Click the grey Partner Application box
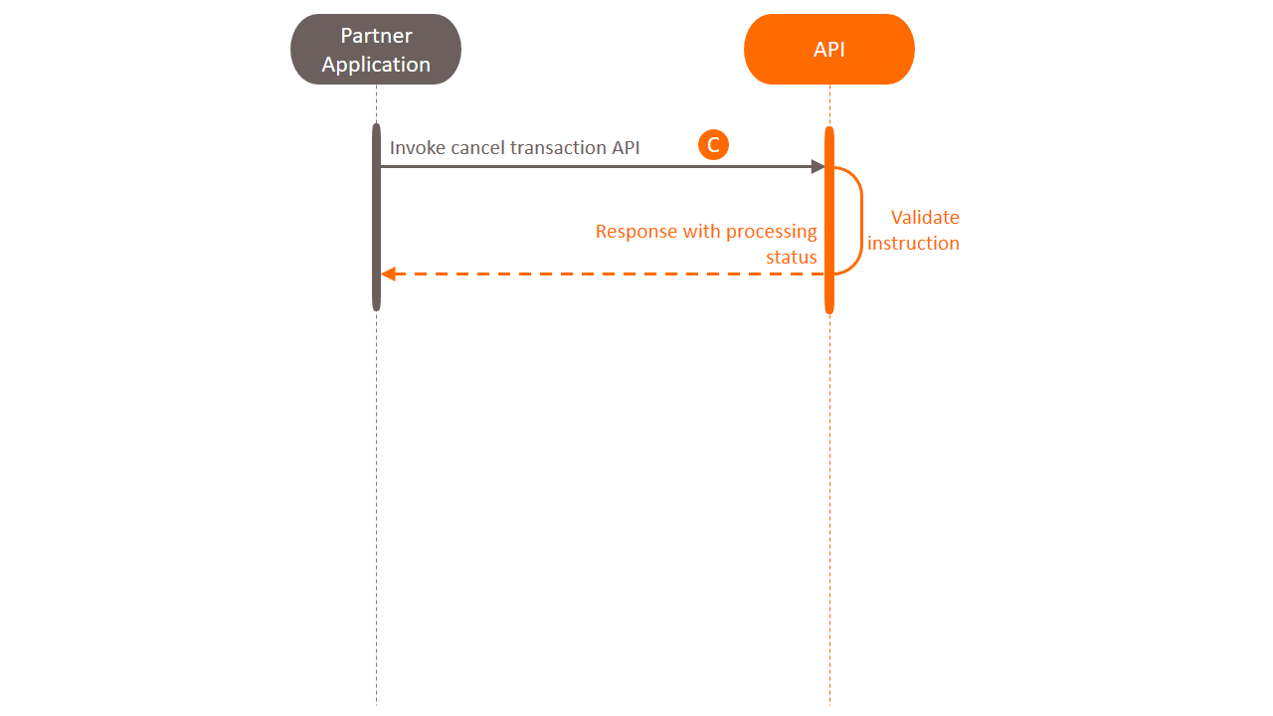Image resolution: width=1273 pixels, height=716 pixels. click(376, 50)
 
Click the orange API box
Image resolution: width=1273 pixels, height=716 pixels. click(828, 50)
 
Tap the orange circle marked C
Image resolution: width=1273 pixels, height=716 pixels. click(713, 145)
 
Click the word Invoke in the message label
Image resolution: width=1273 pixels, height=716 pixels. click(417, 148)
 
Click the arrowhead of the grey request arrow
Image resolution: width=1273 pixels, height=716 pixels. click(818, 167)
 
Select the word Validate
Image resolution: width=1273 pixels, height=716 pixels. click(924, 218)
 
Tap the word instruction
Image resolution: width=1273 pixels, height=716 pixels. click(913, 244)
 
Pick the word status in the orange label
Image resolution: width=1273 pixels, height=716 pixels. click(791, 258)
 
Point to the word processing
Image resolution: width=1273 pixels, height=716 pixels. click(771, 232)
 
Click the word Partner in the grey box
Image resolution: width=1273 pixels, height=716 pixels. click(376, 36)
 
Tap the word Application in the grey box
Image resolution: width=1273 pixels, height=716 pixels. click(376, 65)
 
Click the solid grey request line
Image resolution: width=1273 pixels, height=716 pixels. click(597, 167)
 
